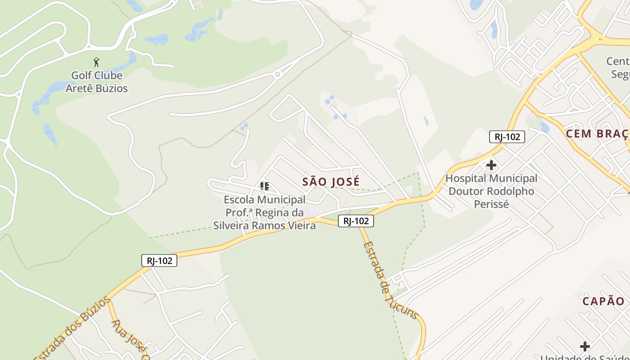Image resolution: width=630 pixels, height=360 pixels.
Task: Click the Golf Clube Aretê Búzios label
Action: click(97, 82)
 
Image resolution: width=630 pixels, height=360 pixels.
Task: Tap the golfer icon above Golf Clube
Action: click(96, 62)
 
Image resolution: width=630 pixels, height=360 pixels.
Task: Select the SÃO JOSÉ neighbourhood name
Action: click(331, 182)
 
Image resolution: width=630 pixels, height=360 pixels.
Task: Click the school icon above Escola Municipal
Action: click(265, 186)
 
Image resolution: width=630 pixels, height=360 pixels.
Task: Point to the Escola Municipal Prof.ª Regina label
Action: click(265, 212)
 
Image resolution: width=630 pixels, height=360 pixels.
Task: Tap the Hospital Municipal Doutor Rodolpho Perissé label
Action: click(491, 191)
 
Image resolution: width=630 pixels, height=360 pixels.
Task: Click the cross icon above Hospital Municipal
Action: click(491, 166)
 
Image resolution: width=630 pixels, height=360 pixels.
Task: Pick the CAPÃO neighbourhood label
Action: click(603, 301)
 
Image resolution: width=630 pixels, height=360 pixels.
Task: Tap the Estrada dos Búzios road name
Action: click(72, 329)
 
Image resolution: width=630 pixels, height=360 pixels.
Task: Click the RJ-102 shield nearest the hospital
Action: click(507, 137)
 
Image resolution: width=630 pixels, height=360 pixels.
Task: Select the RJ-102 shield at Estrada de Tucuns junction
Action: click(356, 221)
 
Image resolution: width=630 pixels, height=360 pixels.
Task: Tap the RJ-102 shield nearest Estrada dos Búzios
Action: click(159, 261)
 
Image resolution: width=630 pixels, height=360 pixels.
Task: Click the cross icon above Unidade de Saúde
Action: click(585, 346)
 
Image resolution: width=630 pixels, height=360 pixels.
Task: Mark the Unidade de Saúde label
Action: click(585, 357)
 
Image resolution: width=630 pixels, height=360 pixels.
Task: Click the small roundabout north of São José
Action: click(278, 74)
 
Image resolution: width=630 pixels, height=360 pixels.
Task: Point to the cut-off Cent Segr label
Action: click(619, 67)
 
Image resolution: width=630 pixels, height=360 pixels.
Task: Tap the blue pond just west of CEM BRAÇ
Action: click(545, 128)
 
